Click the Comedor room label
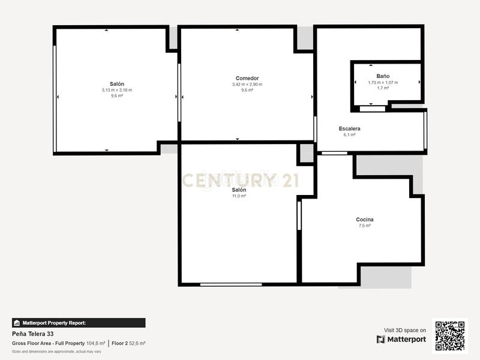(247, 79)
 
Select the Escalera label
(349, 129)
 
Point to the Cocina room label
(365, 220)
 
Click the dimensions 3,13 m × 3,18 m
(117, 90)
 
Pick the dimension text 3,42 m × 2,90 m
(247, 85)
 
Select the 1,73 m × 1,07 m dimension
(383, 82)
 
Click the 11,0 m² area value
(239, 196)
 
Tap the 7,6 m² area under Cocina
(365, 226)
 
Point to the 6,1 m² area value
(349, 135)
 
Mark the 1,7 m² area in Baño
(383, 88)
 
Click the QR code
(449, 336)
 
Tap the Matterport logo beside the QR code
(401, 339)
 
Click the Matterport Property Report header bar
(79, 323)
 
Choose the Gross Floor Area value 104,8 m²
(95, 343)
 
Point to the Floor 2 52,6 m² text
(128, 343)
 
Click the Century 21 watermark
(239, 180)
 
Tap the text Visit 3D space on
(405, 330)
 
